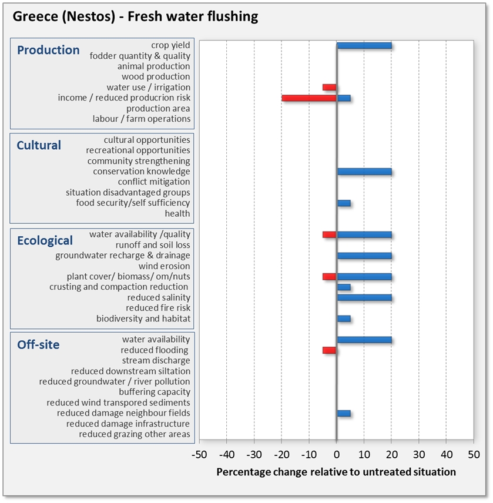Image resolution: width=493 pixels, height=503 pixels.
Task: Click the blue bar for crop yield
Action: pyautogui.click(x=364, y=45)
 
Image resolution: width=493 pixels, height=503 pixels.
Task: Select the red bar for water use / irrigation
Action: pyautogui.click(x=329, y=88)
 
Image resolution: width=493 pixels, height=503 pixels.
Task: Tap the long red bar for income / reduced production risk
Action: pyautogui.click(x=309, y=98)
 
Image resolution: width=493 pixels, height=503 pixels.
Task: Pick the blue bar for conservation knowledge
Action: pyautogui.click(x=364, y=172)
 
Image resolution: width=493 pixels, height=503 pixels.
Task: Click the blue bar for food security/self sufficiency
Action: pyautogui.click(x=344, y=203)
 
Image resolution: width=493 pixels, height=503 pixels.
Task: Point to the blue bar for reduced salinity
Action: pyautogui.click(x=364, y=298)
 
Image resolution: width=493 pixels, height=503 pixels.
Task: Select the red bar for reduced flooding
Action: pyautogui.click(x=329, y=350)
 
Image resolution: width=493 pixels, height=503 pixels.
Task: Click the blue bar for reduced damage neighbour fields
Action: pyautogui.click(x=344, y=413)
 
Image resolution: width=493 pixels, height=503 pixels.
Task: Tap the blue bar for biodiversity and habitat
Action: pyautogui.click(x=344, y=319)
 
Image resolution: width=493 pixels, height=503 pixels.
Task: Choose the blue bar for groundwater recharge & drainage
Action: pyautogui.click(x=364, y=256)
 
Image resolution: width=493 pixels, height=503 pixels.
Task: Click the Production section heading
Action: pyautogui.click(x=48, y=50)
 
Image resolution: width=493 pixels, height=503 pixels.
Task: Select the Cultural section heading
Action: pyautogui.click(x=39, y=145)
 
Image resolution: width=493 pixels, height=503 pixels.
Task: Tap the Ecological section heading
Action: pyautogui.click(x=45, y=240)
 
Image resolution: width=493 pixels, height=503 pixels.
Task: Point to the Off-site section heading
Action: pyautogui.click(x=38, y=344)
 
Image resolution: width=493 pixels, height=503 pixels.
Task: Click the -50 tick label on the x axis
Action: pyautogui.click(x=200, y=454)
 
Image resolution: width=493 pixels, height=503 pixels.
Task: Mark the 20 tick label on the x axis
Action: pyautogui.click(x=391, y=454)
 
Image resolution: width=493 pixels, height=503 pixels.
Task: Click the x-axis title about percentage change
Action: pyautogui.click(x=336, y=472)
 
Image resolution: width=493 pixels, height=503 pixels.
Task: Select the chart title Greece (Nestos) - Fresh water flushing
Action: pyautogui.click(x=135, y=16)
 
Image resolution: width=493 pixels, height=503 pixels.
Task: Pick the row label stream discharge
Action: pyautogui.click(x=156, y=361)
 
